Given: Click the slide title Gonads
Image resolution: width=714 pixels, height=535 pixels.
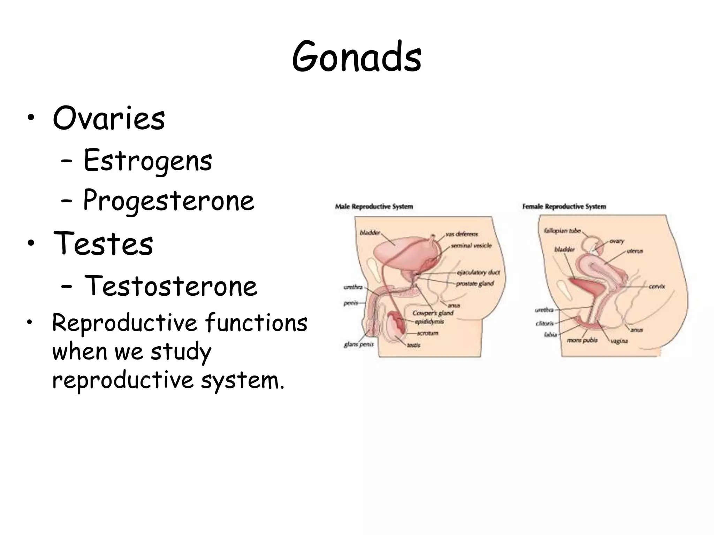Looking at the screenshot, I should pos(357,57).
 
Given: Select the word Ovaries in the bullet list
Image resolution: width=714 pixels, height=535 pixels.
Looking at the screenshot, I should pos(109,118).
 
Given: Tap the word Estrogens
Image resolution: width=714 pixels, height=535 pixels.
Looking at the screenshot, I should pos(148,161).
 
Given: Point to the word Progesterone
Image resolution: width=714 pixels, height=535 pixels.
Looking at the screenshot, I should pos(169,201).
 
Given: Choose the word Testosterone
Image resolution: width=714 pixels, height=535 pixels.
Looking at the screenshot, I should pos(171,286).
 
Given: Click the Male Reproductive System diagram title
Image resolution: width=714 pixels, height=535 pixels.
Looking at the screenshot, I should pos(374,207).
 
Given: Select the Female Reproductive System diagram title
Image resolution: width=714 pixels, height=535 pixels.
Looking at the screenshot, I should pos(564,207).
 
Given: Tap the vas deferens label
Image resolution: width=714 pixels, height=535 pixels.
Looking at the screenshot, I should pos(462,234).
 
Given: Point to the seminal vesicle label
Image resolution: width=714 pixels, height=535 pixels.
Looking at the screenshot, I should pos(471,246).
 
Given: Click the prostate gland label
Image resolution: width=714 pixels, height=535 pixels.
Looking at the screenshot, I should pos(475,284).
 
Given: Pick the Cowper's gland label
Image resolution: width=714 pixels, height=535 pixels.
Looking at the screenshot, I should pos(433,313).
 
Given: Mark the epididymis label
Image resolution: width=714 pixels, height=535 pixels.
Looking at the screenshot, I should pos(429,321).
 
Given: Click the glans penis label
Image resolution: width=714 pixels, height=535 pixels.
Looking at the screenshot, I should pos(358,344).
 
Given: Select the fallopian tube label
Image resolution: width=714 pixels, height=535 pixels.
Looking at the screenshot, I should pos(562,231).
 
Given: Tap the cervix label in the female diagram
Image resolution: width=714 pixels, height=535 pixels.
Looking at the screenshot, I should pos(657,286).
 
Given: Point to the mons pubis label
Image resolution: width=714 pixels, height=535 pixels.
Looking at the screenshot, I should pos(582,340).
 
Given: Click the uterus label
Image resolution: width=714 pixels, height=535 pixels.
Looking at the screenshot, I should pos(635,251).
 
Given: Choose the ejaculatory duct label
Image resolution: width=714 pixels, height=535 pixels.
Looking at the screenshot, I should pos(478,272).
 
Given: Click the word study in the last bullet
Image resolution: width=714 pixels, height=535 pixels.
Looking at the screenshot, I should pos(181,352).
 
